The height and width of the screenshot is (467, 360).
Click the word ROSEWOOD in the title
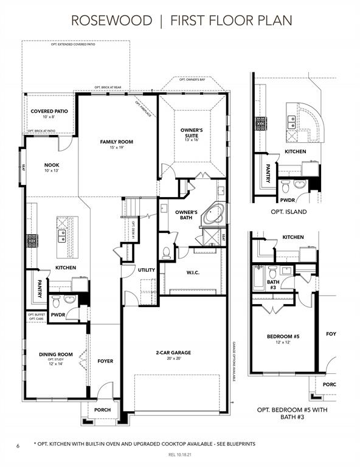(x=112, y=20)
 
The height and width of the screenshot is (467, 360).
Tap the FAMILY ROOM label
(x=116, y=142)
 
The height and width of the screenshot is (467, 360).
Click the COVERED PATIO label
(x=49, y=111)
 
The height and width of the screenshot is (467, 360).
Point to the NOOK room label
(x=52, y=165)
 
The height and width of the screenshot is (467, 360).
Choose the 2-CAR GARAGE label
(x=173, y=352)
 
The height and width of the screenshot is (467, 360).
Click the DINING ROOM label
(x=56, y=354)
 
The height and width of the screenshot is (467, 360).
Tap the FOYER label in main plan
(x=105, y=361)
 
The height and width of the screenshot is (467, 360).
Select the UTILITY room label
(x=147, y=269)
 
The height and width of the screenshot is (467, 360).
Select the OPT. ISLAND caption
(x=289, y=212)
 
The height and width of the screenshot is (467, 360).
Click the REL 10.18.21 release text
(x=180, y=455)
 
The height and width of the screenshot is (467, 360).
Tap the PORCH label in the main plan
(x=102, y=410)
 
